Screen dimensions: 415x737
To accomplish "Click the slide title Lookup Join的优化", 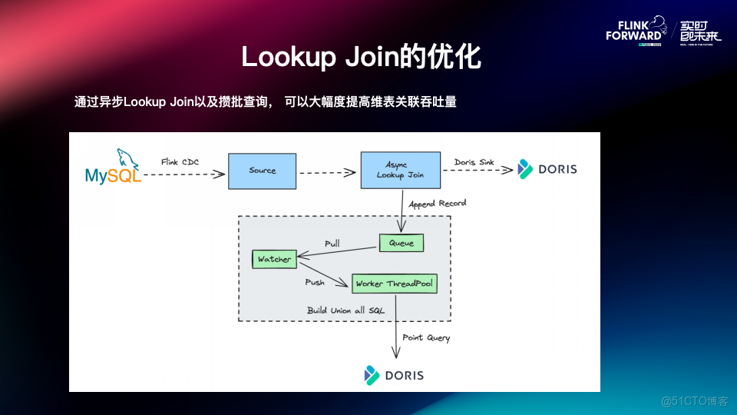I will click(x=361, y=57).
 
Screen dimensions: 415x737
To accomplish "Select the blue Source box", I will click(x=262, y=171).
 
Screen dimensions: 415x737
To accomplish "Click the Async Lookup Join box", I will click(x=400, y=170).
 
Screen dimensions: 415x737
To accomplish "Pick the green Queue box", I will click(x=401, y=243).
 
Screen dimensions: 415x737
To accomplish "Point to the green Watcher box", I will click(x=274, y=259).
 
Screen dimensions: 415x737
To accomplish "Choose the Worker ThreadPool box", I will click(x=394, y=284).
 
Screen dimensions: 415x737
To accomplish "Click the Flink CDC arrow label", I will click(x=180, y=162).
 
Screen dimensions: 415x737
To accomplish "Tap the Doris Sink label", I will click(x=474, y=162).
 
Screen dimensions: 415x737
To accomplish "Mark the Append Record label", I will click(x=437, y=204).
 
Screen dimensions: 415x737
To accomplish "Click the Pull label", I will click(x=332, y=243).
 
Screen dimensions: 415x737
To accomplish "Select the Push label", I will click(x=315, y=282).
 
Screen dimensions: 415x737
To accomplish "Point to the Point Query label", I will click(x=426, y=337).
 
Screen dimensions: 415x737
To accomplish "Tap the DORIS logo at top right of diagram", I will click(x=547, y=168).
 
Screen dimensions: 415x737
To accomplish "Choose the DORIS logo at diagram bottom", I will click(x=394, y=375).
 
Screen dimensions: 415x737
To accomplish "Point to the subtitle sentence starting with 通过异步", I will click(x=265, y=101).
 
